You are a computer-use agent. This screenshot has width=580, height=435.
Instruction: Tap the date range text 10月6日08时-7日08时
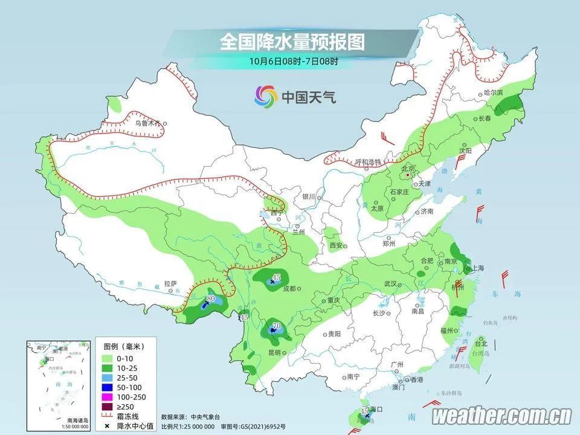(292, 60)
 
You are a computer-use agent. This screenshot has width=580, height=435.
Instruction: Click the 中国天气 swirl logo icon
(263, 95)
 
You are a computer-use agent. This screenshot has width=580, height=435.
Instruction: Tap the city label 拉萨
(170, 283)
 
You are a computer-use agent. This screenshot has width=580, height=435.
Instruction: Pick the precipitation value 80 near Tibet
(211, 298)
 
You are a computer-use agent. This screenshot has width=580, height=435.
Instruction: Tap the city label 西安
(336, 245)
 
